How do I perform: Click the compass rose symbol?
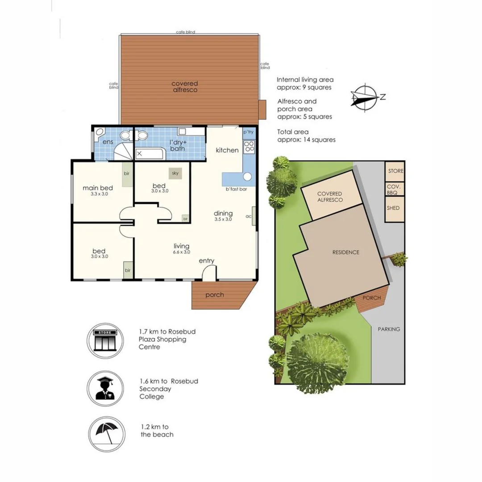point(365,96)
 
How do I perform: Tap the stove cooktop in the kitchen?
point(249,147)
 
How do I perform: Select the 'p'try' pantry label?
point(248,133)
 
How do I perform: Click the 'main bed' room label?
point(98,187)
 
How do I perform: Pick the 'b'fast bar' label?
point(237,189)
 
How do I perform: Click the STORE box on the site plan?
point(395,171)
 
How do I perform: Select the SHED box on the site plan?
point(394,208)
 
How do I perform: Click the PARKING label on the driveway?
point(388,329)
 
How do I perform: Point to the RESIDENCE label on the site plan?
point(345,252)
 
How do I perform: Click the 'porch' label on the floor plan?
point(215,295)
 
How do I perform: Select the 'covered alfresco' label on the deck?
point(185,87)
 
